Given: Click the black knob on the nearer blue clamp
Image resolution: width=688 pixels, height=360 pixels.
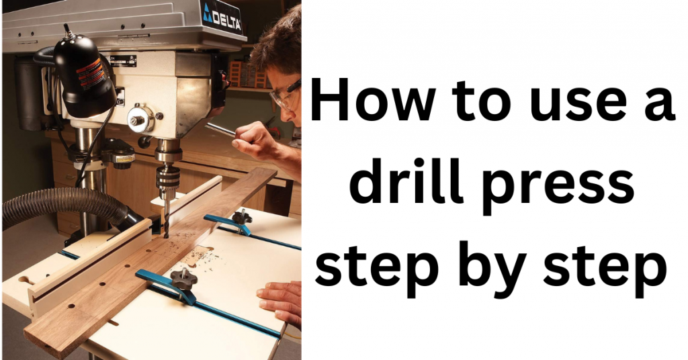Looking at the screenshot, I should click(x=181, y=277).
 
